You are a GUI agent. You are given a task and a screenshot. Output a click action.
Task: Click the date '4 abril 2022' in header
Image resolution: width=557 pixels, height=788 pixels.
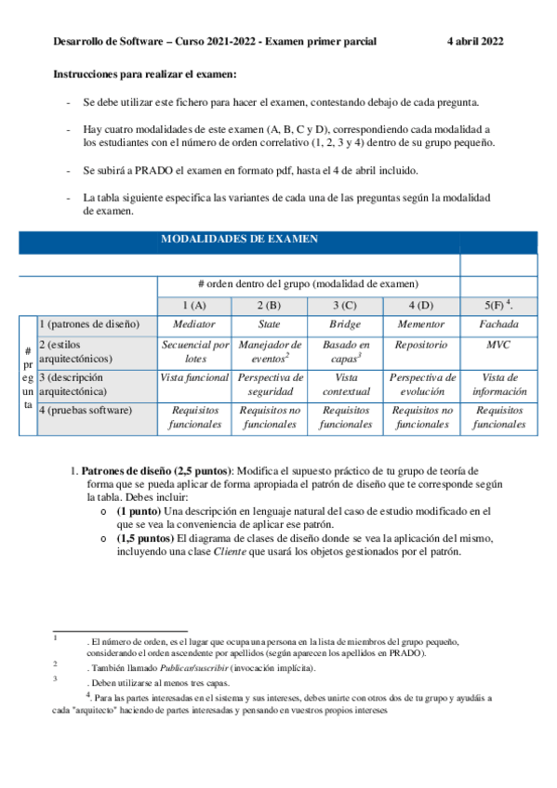(x=475, y=42)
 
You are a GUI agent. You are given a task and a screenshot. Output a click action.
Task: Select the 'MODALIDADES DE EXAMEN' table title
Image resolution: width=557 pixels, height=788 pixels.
(x=240, y=239)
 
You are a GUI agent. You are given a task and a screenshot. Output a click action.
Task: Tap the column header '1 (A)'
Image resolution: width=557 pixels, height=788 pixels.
(x=194, y=305)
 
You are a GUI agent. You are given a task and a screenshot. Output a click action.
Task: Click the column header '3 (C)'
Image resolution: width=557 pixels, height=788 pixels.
(x=345, y=305)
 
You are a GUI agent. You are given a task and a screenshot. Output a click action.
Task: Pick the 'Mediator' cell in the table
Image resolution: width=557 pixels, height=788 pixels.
(x=194, y=324)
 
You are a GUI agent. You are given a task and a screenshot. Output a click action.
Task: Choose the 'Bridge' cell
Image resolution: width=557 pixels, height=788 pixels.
(x=345, y=324)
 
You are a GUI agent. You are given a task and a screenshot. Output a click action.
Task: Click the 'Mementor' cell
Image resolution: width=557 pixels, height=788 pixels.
(x=421, y=324)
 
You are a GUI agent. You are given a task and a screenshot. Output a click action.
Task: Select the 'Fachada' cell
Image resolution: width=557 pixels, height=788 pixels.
(x=498, y=324)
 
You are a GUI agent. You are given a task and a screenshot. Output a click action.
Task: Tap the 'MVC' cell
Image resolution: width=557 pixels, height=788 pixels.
(x=498, y=345)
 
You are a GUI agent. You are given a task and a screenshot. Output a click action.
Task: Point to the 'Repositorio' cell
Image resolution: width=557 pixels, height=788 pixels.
(x=421, y=345)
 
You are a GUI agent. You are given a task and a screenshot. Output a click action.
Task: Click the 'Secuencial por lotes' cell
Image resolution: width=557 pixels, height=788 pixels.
(x=195, y=351)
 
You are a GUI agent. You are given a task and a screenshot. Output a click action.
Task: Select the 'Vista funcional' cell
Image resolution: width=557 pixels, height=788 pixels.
(x=194, y=378)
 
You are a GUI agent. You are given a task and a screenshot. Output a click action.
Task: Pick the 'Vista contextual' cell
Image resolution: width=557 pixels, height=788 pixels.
(x=345, y=385)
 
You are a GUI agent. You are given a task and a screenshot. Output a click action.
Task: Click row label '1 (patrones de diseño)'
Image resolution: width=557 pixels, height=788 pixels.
(x=89, y=324)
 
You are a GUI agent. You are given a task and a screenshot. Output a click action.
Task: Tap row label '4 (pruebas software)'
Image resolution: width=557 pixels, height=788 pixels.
(x=86, y=409)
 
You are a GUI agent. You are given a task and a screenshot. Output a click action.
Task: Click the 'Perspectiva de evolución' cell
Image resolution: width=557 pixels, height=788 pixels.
(x=421, y=385)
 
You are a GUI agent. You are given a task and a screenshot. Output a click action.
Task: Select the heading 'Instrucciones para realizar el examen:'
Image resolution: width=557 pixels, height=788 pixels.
(x=145, y=73)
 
